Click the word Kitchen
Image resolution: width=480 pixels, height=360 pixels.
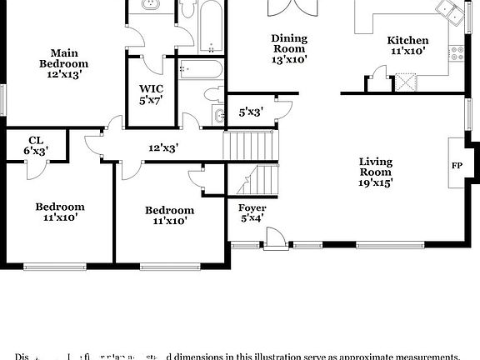[407, 40]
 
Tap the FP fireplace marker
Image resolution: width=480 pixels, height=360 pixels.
[457, 165]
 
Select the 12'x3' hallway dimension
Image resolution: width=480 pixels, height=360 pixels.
[163, 147]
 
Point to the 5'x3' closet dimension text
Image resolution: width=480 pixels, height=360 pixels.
[251, 111]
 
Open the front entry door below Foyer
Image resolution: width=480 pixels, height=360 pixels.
[271, 240]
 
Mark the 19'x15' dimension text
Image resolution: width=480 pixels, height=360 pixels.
[376, 182]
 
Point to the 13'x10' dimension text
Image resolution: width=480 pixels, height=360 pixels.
[289, 58]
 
